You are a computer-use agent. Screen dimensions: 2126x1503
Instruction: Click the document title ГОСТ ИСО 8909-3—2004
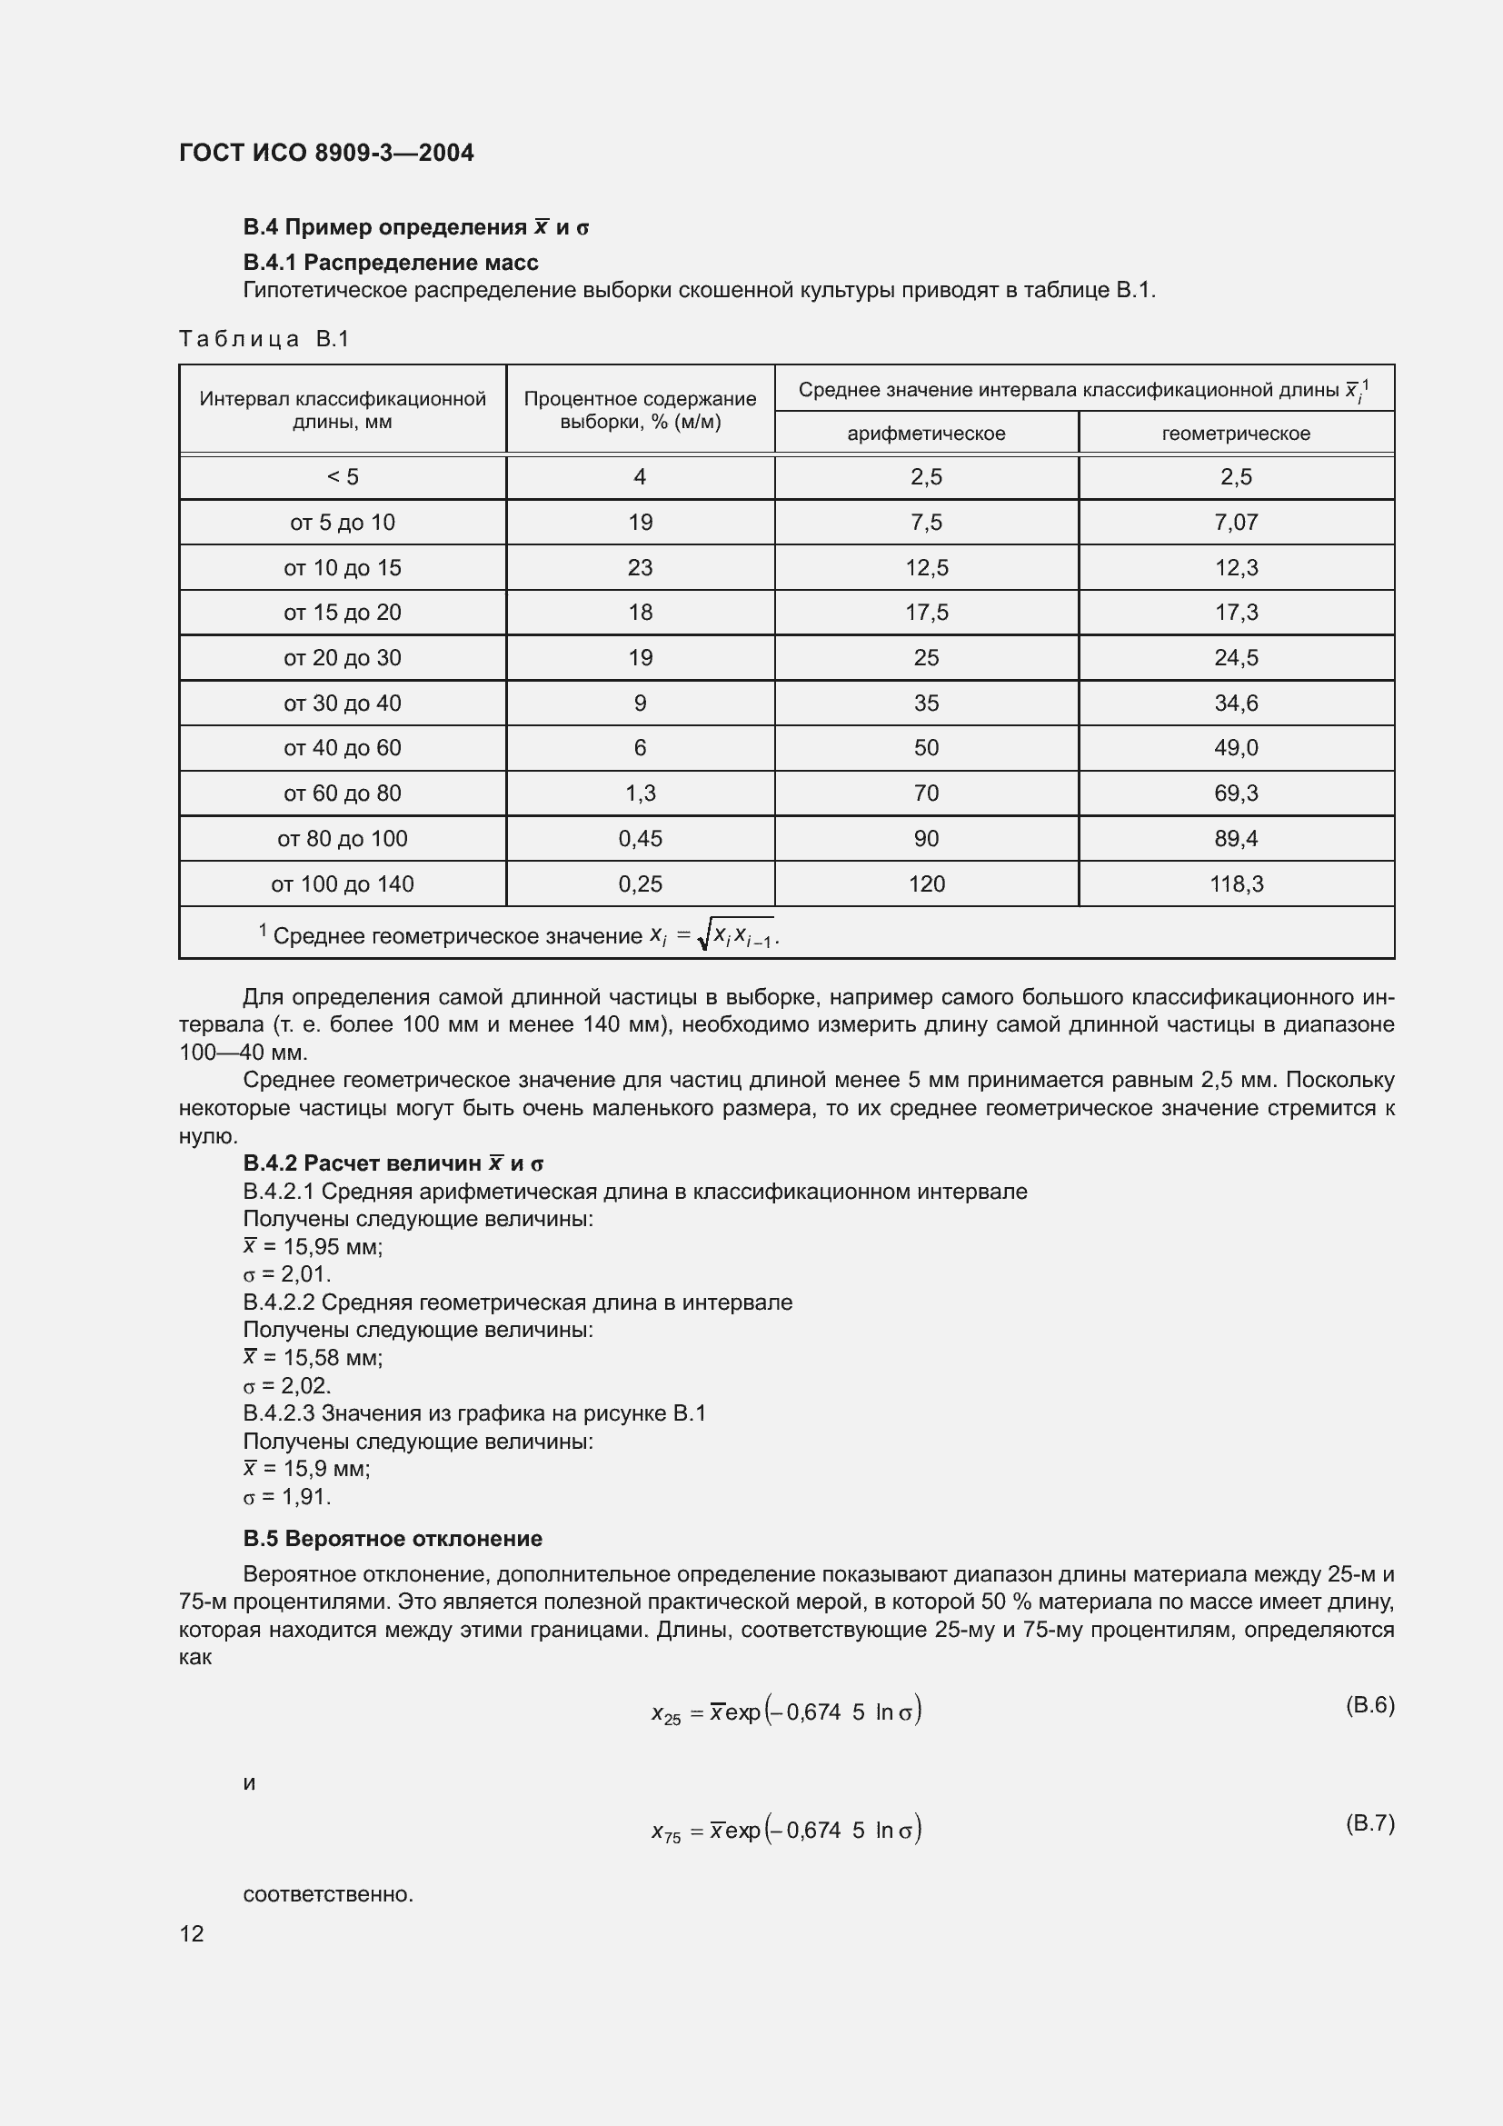tap(326, 153)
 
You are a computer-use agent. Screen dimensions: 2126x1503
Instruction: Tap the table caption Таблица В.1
tap(264, 339)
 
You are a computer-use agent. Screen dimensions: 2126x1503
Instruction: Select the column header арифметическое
tap(925, 434)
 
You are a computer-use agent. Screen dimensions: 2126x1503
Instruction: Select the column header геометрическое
tap(1236, 434)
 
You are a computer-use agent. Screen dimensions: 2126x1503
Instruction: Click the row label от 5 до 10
tap(343, 523)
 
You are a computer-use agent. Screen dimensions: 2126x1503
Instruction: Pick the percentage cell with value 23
tap(640, 567)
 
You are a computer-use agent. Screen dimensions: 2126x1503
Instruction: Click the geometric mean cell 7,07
tap(1236, 523)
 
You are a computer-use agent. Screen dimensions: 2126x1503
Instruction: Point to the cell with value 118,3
tap(1236, 884)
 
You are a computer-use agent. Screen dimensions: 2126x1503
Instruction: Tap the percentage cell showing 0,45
tap(640, 839)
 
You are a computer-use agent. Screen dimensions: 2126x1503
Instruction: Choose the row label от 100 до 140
tap(343, 884)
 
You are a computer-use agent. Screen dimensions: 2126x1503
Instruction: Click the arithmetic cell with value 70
tap(925, 794)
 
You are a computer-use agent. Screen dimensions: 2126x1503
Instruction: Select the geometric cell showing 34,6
tap(1236, 704)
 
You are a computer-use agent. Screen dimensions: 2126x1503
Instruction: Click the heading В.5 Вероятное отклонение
tap(393, 1539)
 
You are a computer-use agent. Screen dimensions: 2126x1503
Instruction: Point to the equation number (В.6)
tap(1369, 1705)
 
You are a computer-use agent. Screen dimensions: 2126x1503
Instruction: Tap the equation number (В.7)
tap(1369, 1823)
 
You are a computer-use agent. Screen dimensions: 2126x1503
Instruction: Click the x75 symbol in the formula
tap(665, 1832)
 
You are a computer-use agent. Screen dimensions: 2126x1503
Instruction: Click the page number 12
tap(192, 1933)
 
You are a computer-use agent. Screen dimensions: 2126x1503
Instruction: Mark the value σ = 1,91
tap(287, 1497)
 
